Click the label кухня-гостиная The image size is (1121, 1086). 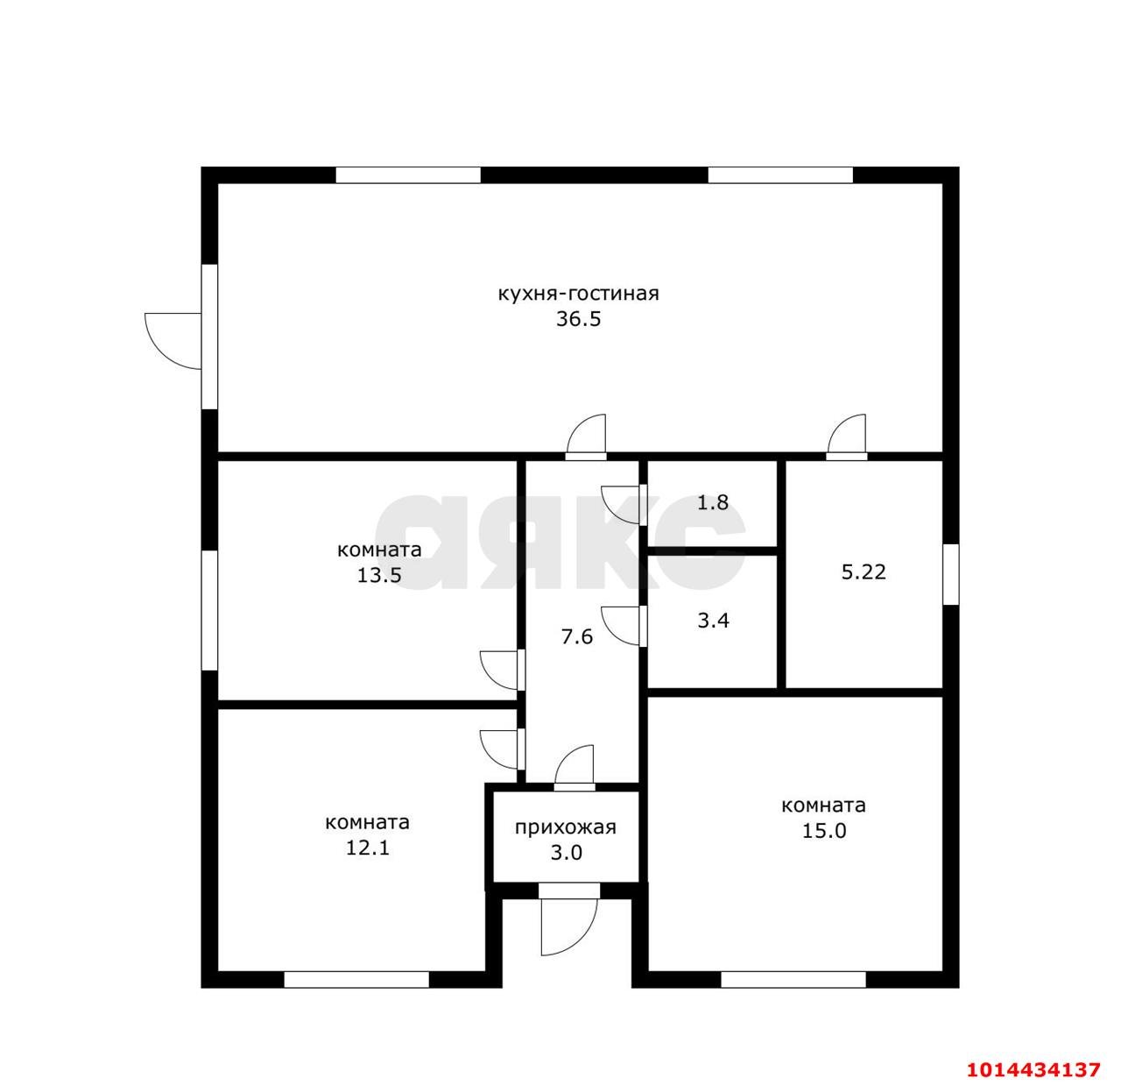click(578, 294)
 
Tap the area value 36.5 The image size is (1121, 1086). click(578, 319)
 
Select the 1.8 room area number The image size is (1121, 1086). click(713, 502)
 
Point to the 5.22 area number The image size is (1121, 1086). click(864, 571)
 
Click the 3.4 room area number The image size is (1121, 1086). click(713, 621)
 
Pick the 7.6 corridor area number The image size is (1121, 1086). click(576, 637)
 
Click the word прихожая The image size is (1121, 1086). click(565, 827)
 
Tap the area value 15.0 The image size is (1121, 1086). click(824, 831)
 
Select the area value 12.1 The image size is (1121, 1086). click(368, 848)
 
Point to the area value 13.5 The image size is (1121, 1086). click(379, 575)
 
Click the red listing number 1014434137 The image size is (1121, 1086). click(1033, 1054)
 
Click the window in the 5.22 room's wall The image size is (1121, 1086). click(951, 574)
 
